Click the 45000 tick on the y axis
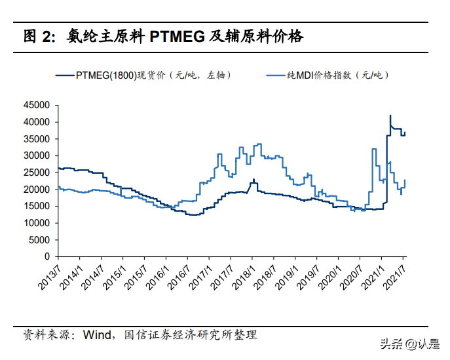click(x=37, y=105)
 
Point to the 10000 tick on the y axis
click(x=37, y=223)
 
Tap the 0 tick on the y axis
click(x=47, y=257)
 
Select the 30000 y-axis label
click(x=37, y=155)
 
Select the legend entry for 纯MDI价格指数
click(x=338, y=75)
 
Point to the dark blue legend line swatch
click(x=65, y=75)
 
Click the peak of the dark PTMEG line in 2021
click(x=390, y=115)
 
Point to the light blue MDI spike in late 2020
click(x=373, y=149)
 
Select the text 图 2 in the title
click(x=39, y=36)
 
